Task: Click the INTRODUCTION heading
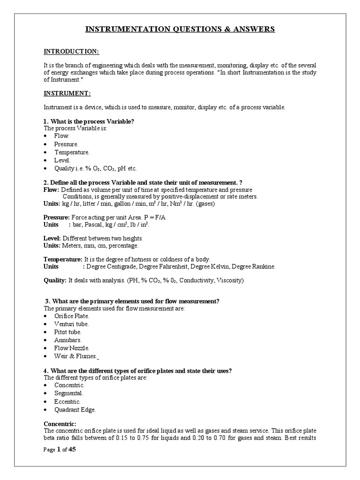point(71,52)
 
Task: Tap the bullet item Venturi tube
point(71,324)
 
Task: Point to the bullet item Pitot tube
point(67,332)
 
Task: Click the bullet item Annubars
point(67,340)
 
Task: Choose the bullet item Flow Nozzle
point(71,348)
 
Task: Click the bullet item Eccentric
point(67,402)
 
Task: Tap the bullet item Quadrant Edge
point(75,410)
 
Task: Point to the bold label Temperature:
point(63,259)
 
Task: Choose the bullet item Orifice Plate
point(72,316)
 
